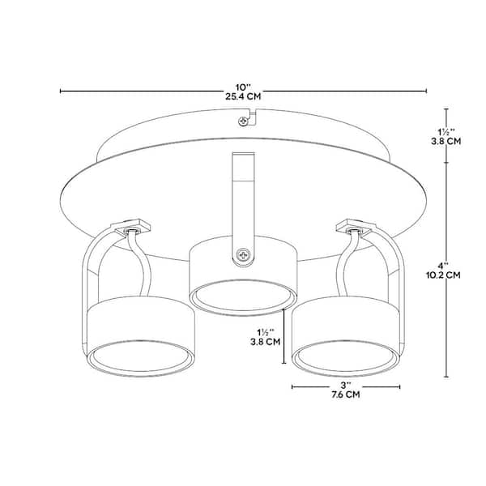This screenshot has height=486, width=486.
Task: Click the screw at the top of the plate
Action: pyautogui.click(x=242, y=122)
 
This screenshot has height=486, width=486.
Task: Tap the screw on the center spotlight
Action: pyautogui.click(x=242, y=256)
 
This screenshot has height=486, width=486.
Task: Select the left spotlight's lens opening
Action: pyautogui.click(x=142, y=357)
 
